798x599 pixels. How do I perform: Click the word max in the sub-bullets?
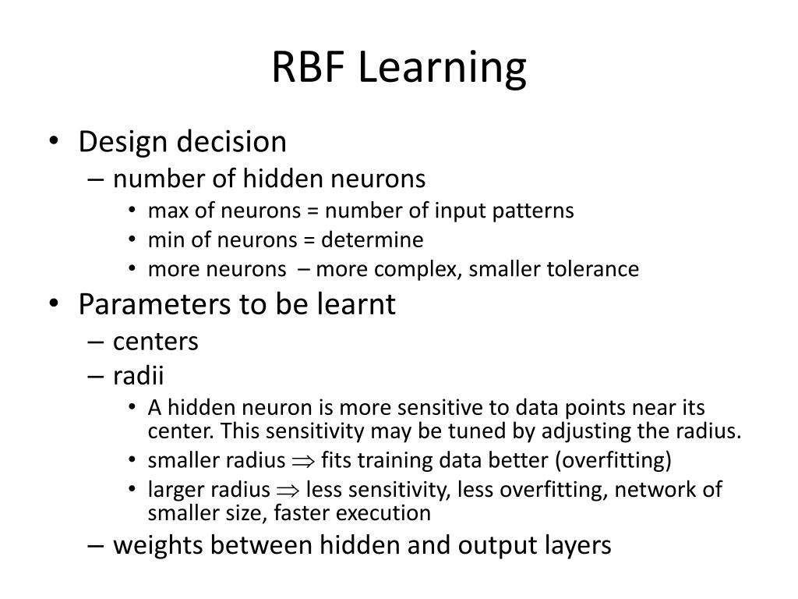(165, 211)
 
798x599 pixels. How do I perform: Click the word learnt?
(358, 304)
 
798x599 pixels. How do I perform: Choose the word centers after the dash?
(156, 342)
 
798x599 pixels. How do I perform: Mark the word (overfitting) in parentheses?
(613, 461)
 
